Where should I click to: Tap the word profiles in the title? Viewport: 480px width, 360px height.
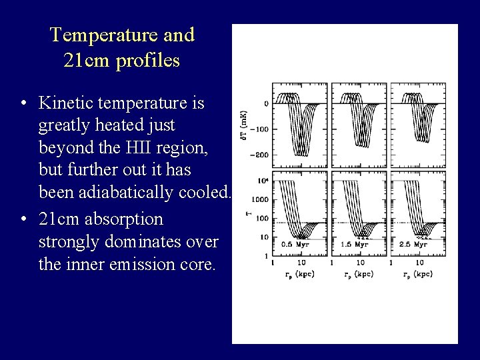tap(147, 61)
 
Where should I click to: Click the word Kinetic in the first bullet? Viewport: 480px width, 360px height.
tap(65, 103)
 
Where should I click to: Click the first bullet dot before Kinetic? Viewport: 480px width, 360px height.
tap(23, 104)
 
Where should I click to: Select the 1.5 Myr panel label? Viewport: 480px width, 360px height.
tap(358, 245)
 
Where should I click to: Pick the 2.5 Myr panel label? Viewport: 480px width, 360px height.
tap(417, 245)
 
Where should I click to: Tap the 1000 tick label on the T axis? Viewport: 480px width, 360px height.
tap(260, 199)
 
